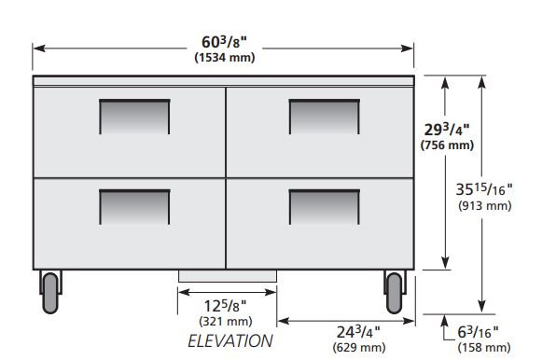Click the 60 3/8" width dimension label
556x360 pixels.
(224, 42)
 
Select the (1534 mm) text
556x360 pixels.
(225, 58)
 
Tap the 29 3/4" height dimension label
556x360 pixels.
(447, 130)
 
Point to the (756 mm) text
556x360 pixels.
(447, 145)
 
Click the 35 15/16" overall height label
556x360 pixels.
(484, 189)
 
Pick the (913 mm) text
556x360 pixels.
(485, 205)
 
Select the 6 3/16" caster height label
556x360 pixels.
(478, 332)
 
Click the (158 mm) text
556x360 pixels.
(484, 347)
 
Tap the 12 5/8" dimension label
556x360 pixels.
(225, 306)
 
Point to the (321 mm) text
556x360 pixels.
(226, 322)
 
